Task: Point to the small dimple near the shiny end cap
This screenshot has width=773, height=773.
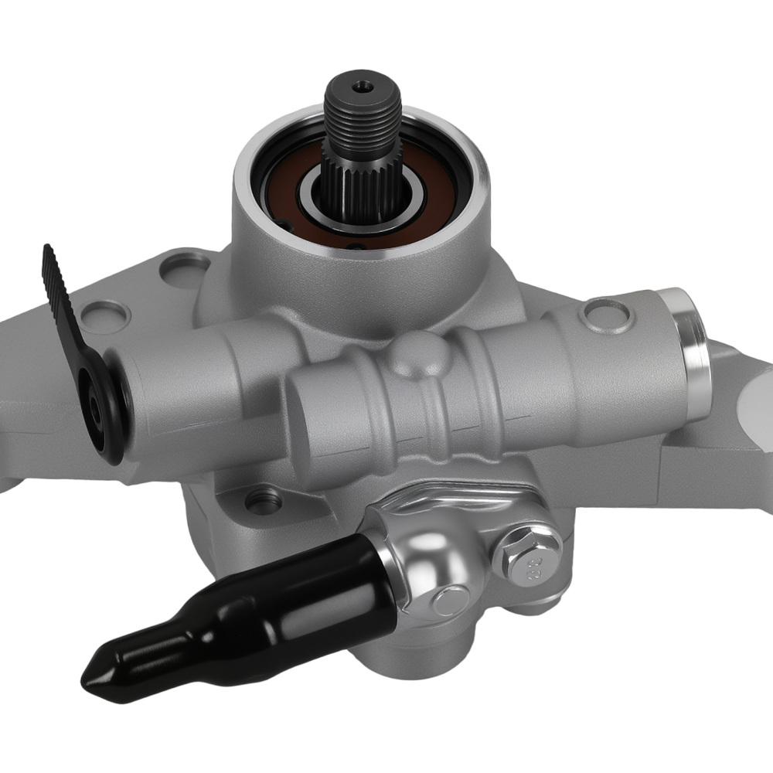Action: (x=599, y=313)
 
